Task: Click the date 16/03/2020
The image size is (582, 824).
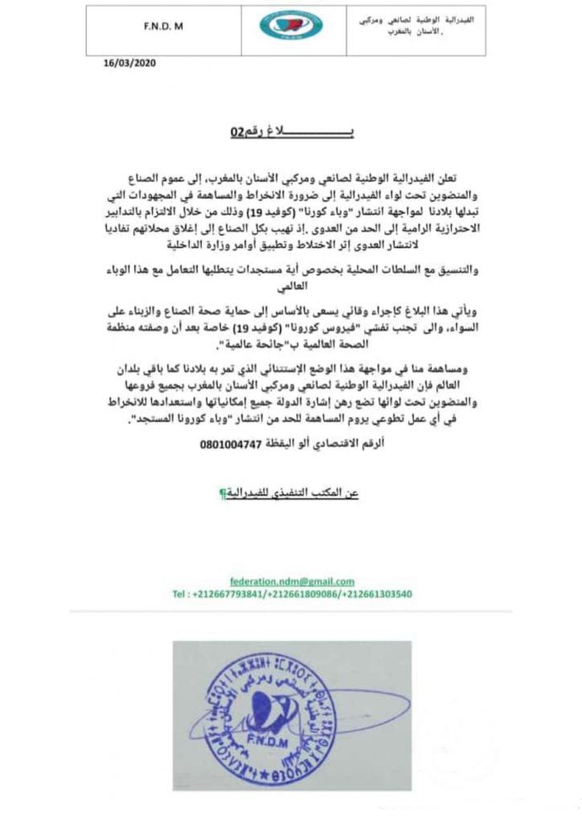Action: click(x=129, y=63)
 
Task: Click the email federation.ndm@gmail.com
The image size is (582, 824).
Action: click(x=292, y=581)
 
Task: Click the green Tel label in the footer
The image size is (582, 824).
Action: click(x=181, y=594)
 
